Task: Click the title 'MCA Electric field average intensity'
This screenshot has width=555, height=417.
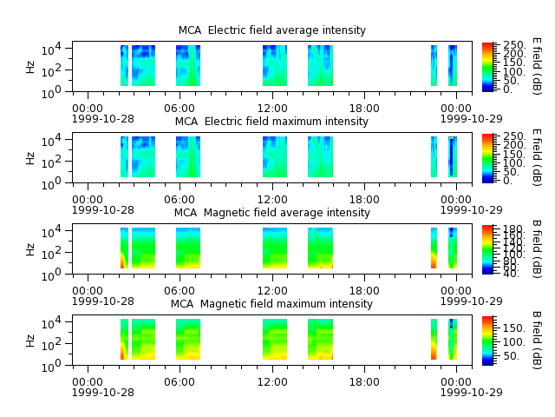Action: coord(271,30)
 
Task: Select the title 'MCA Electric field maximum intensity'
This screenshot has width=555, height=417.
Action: coord(271,122)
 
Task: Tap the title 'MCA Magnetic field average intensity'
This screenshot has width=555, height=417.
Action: coord(271,212)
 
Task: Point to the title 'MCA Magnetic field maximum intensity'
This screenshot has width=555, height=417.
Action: coord(271,304)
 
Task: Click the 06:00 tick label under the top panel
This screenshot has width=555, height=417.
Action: coord(180,108)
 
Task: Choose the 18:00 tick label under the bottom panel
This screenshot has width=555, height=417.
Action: coord(364,382)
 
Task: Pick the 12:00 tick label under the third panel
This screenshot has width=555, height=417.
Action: coord(272,291)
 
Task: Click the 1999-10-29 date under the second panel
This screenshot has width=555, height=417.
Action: coord(471,210)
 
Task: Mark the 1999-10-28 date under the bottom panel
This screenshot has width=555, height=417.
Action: coord(103,393)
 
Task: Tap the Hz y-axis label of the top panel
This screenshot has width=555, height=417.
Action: coord(30,67)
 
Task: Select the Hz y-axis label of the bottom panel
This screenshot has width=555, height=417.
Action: coord(30,341)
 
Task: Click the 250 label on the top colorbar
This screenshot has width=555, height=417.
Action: coord(514,45)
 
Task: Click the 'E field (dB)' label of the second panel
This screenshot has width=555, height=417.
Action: coord(537,157)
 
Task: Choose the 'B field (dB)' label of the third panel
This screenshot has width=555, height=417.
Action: coord(537,249)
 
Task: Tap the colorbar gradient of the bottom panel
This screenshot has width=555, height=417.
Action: coord(487,341)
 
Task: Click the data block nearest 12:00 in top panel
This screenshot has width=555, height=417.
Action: coord(275,66)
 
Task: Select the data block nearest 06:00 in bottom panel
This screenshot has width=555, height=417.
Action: coord(188,340)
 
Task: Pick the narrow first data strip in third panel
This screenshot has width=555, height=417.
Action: coord(124,248)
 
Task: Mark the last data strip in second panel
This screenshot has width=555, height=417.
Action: coord(453,156)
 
